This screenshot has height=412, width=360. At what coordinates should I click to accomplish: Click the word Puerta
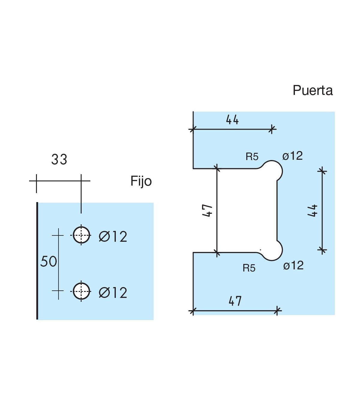[x=313, y=90]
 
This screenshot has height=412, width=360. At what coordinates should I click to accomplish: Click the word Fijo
[x=141, y=181]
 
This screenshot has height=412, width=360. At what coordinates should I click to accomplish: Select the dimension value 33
[x=59, y=159]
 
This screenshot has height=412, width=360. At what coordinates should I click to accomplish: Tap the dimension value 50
[x=49, y=262]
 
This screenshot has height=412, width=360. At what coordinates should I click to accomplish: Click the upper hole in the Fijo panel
[x=81, y=235]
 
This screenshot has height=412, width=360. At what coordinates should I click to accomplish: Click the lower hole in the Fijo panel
[x=81, y=291]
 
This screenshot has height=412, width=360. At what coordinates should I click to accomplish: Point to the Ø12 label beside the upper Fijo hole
[x=113, y=237]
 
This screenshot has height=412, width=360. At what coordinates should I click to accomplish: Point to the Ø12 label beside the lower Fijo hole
[x=113, y=293]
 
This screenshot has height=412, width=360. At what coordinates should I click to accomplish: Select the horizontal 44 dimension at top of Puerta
[x=232, y=120]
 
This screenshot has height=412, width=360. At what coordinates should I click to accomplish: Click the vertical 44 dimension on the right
[x=313, y=210]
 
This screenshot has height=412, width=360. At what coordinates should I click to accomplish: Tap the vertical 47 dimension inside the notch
[x=208, y=211]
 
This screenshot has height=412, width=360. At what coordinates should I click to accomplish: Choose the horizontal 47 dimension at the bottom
[x=235, y=301]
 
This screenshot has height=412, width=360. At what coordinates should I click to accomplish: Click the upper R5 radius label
[x=252, y=157]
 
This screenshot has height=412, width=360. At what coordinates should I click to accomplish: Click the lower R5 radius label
[x=249, y=268]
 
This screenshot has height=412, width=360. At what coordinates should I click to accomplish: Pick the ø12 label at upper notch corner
[x=292, y=156]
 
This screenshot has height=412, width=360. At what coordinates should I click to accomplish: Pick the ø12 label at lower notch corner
[x=293, y=265]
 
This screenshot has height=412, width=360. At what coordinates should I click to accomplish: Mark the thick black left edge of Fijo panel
[x=37, y=261]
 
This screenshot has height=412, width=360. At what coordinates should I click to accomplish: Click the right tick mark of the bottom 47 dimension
[x=277, y=311]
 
